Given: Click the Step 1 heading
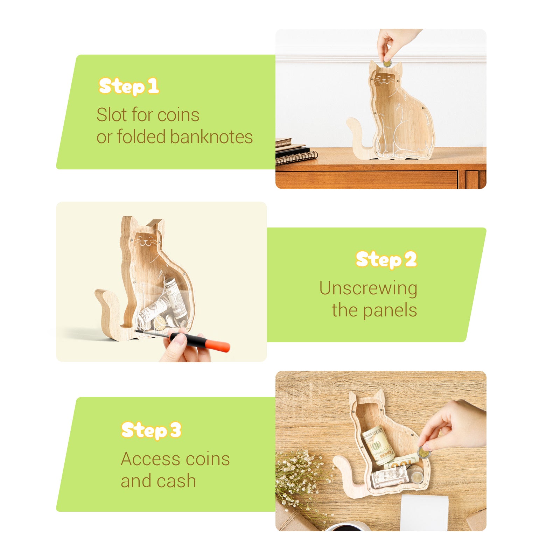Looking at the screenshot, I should pos(129,86).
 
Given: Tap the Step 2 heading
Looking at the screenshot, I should pos(386,260).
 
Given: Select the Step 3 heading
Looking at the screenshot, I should pos(151,430).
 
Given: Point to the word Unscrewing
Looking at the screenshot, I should pos(368,289).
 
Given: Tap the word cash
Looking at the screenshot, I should pos(176,481).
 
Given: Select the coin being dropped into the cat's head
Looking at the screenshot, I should pos(387,64).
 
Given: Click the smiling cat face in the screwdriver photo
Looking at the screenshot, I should pos(147,241).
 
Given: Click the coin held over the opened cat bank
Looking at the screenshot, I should pos(423,453).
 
